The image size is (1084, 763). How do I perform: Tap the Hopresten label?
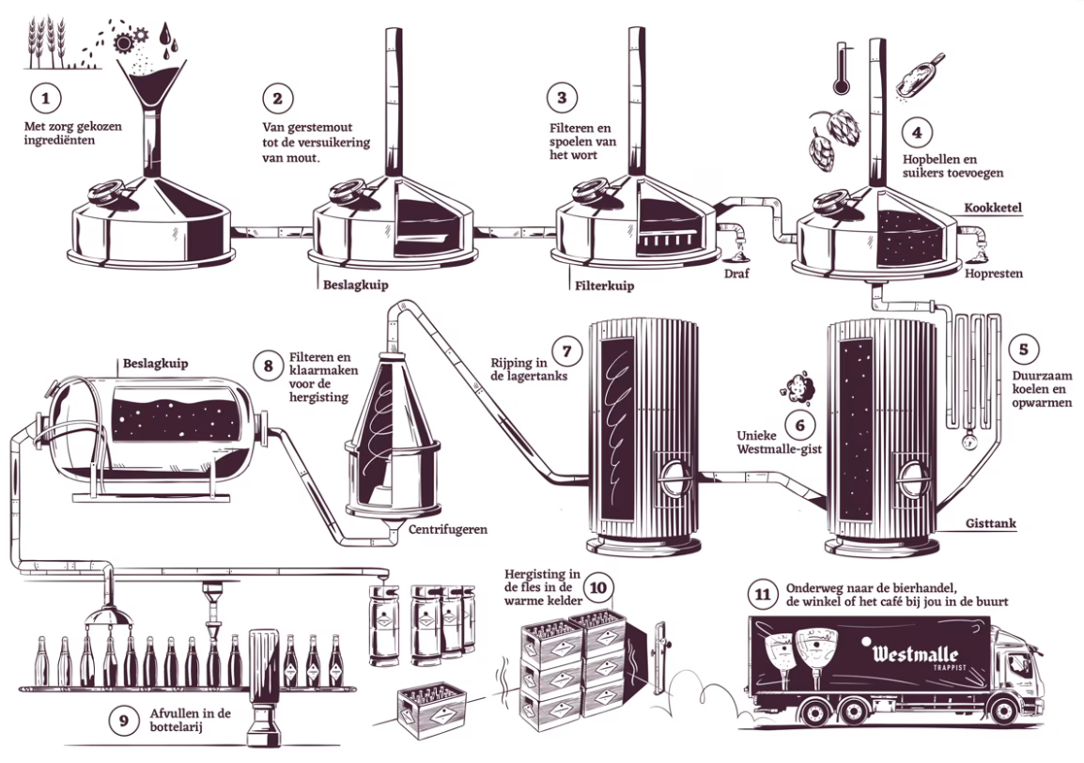(x=994, y=273)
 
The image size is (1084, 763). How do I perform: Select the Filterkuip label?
(x=602, y=281)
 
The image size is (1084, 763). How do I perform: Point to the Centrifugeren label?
(x=447, y=530)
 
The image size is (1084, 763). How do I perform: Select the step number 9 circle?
(x=123, y=721)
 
